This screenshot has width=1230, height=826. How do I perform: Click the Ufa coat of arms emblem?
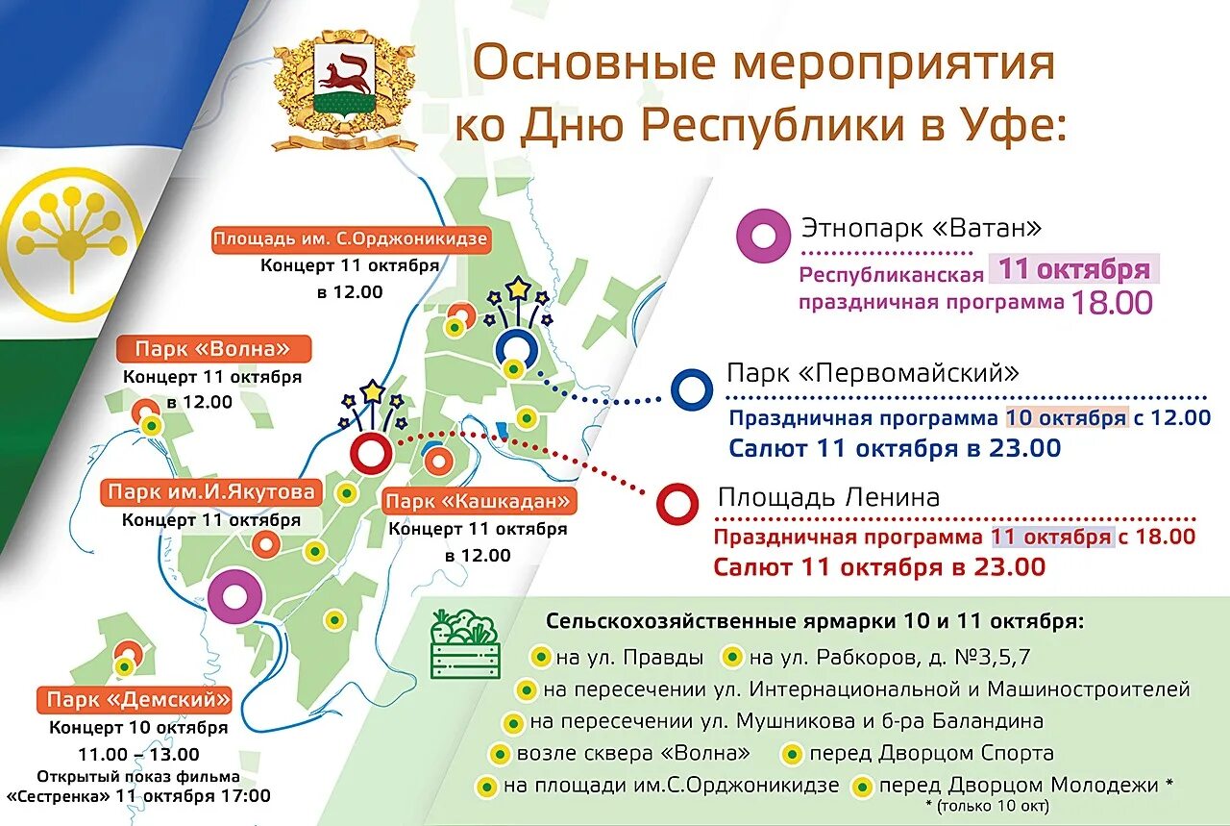[x=345, y=93]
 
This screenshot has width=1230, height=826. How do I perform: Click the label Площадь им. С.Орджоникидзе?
[x=351, y=238]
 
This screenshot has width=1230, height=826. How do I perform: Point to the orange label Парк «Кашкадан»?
[x=480, y=501]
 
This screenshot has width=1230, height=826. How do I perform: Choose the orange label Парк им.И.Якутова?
[x=211, y=492]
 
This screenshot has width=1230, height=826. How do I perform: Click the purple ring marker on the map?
[x=234, y=597]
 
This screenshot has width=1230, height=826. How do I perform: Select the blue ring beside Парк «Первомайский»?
[x=692, y=388]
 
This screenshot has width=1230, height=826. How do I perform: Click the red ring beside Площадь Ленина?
[x=677, y=504]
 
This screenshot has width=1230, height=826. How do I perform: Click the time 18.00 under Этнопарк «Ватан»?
[x=1112, y=303]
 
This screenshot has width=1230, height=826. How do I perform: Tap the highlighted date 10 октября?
[x=1067, y=418]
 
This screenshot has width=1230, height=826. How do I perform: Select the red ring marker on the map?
[x=371, y=454]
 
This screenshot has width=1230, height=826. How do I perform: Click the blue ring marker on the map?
[x=515, y=347]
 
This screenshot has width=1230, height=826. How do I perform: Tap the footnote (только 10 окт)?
[x=987, y=805]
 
